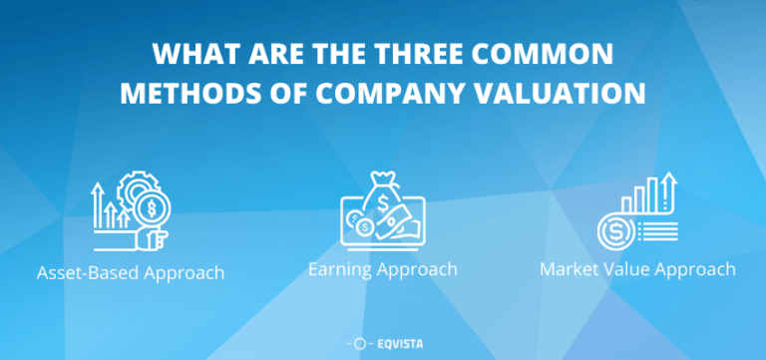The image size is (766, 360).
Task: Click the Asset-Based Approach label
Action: click(130, 272)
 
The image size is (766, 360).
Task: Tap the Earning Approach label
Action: click(383, 269)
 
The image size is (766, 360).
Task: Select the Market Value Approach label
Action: click(637, 269)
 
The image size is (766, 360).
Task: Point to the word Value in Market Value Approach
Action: click(630, 269)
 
